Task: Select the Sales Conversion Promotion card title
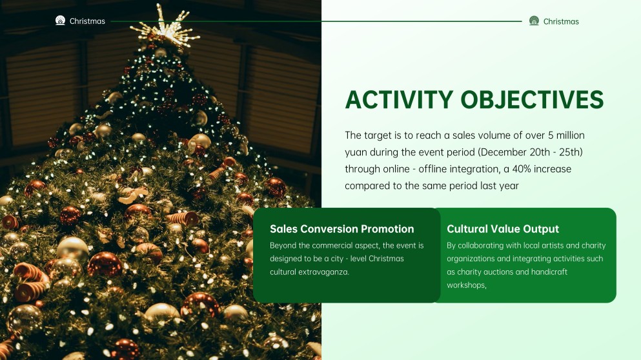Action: pos(341,229)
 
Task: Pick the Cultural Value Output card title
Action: pos(503,229)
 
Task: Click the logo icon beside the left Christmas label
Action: pos(61,21)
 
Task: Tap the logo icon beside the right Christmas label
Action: pos(534,21)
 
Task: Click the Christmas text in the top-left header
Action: pos(87,21)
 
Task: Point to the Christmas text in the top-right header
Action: pos(561,21)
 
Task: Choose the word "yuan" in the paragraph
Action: pos(356,152)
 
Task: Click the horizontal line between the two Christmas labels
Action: pos(316,21)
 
